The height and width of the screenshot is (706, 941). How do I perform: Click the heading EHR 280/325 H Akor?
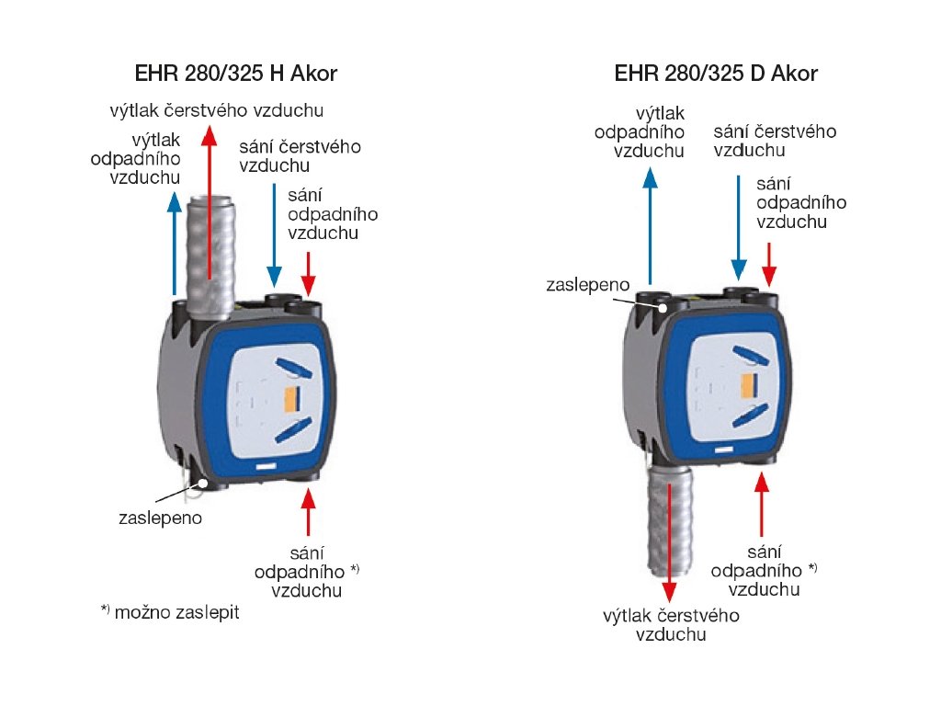point(231,73)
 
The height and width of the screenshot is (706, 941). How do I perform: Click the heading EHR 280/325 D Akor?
point(714,73)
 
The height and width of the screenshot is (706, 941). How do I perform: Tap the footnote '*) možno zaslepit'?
point(170,611)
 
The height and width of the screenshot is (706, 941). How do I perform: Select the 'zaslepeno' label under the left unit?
point(160,518)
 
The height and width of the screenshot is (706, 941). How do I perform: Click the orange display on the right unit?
point(751,383)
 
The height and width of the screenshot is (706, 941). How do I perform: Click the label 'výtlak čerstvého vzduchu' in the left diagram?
point(216,111)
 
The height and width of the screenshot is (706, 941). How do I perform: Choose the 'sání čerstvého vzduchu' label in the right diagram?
point(775,141)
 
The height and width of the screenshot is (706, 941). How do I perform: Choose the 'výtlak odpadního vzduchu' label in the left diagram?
point(147,158)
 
